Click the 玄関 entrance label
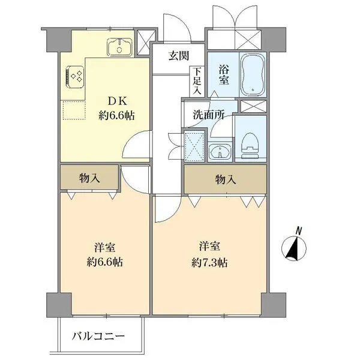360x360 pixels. coord(178,56)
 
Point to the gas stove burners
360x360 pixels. coord(75,76)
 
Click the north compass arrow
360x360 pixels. coord(295,248)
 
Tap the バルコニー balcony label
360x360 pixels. coord(99,335)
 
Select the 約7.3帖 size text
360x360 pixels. coord(209,262)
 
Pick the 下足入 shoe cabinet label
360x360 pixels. coord(197,81)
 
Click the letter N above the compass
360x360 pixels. coord(299,229)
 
